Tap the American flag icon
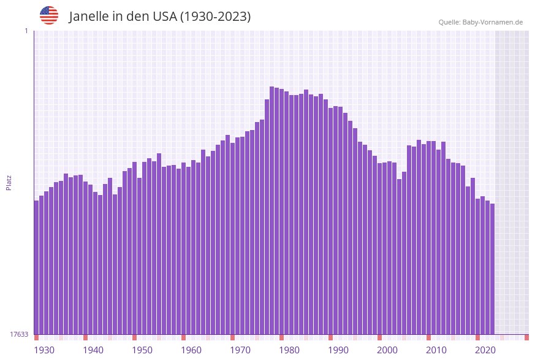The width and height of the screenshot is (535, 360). [x=49, y=15]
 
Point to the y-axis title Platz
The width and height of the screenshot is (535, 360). [x=9, y=182]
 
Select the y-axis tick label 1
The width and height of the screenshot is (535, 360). [x=26, y=31]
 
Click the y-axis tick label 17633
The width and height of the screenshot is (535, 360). [x=19, y=334]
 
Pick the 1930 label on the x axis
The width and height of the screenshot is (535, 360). [x=44, y=350]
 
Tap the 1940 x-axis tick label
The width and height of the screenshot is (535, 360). [x=93, y=350]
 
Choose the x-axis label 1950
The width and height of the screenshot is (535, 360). [x=142, y=350]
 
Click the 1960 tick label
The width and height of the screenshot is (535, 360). [x=191, y=350]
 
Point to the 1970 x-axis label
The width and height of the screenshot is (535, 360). [x=240, y=350]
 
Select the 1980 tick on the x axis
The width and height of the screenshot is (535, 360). [x=289, y=350]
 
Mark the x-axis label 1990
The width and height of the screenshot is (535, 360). [x=338, y=350]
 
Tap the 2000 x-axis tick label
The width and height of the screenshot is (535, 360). [x=387, y=350]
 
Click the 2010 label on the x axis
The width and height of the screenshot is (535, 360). [x=436, y=350]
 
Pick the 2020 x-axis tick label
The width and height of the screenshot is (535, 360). [x=485, y=350]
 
